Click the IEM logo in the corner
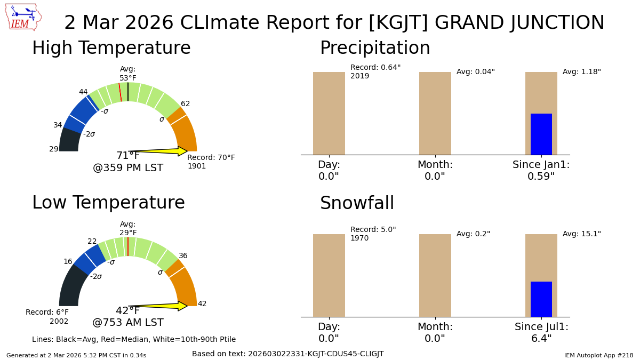point(23,17)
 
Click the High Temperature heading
point(111,49)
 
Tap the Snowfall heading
point(357,204)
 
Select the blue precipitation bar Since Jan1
point(541,134)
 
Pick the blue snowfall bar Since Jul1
point(541,299)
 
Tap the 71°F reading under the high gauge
point(128,156)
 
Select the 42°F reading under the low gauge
point(128,311)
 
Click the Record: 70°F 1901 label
point(211,162)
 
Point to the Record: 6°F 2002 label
point(47,317)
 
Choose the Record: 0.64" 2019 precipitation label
point(375,71)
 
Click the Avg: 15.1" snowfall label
point(581,234)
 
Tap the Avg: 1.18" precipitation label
point(581,72)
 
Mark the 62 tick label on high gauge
point(185,104)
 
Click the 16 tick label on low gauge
point(68,262)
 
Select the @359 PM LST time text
point(128,169)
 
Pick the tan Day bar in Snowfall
point(329,275)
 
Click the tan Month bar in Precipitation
point(435,113)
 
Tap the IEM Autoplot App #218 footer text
point(598,355)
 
